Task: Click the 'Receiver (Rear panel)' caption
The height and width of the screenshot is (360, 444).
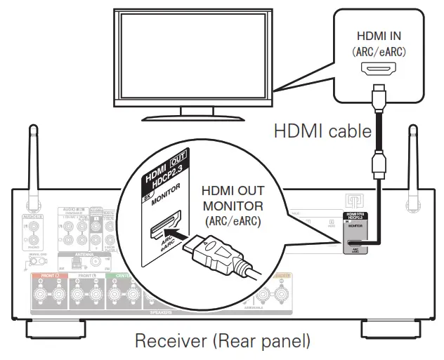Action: [221, 342]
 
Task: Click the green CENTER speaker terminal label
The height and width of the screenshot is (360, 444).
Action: [121, 276]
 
